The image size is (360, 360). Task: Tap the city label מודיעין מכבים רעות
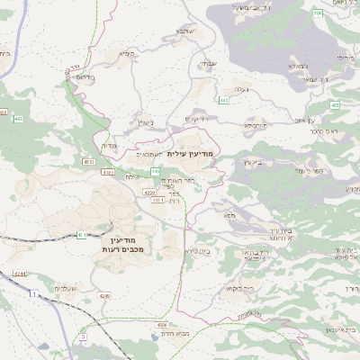coord(87,243)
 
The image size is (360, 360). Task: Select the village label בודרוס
coord(82,77)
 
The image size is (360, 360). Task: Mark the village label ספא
coord(229,216)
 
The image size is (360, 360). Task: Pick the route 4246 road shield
coord(104,295)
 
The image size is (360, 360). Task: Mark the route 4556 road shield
coord(162,323)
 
